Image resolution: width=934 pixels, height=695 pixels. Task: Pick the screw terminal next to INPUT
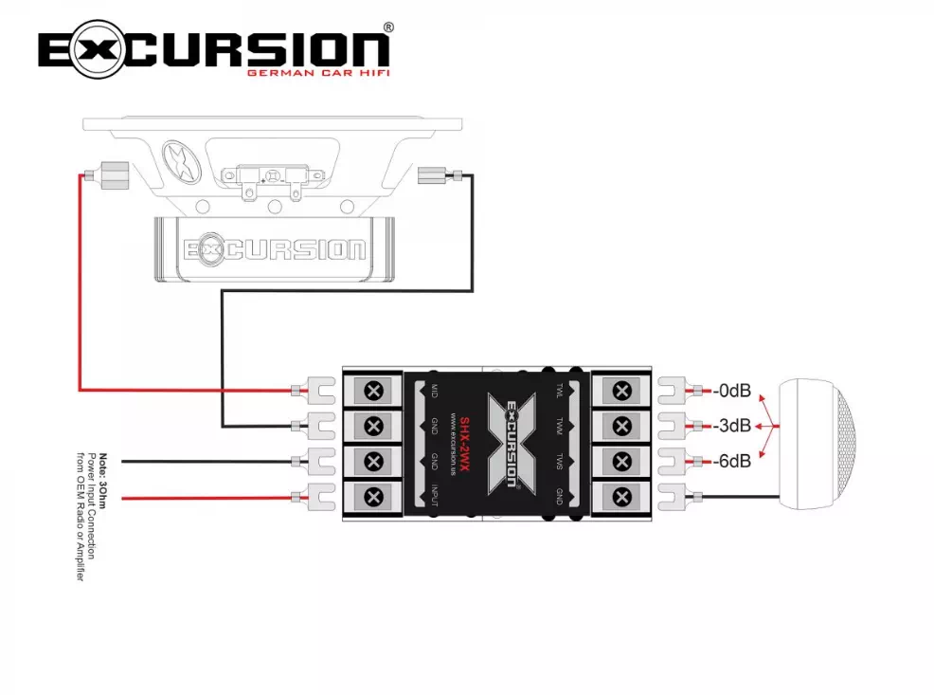373,496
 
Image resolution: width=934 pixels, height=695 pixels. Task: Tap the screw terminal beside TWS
621,462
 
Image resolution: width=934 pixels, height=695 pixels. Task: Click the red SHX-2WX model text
465,447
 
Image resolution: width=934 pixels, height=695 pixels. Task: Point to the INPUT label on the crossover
434,498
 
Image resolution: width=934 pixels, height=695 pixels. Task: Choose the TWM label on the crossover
560,427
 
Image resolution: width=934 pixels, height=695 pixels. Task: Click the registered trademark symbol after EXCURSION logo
388,28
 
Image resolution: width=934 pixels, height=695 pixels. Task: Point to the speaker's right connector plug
431,174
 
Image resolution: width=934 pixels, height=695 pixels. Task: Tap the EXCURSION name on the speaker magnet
275,249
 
